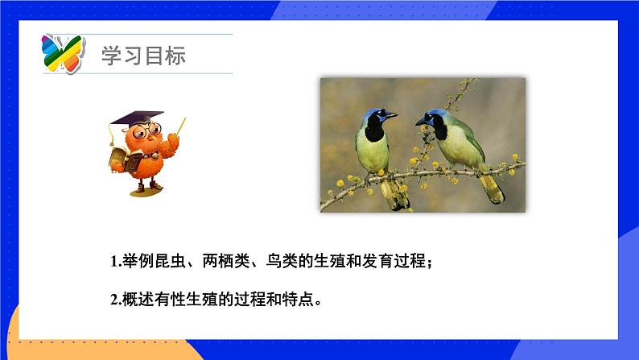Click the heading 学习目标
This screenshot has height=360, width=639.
[x=143, y=56]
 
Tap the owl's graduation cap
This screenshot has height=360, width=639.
[x=137, y=118]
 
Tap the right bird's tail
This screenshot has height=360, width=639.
[x=491, y=189]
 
